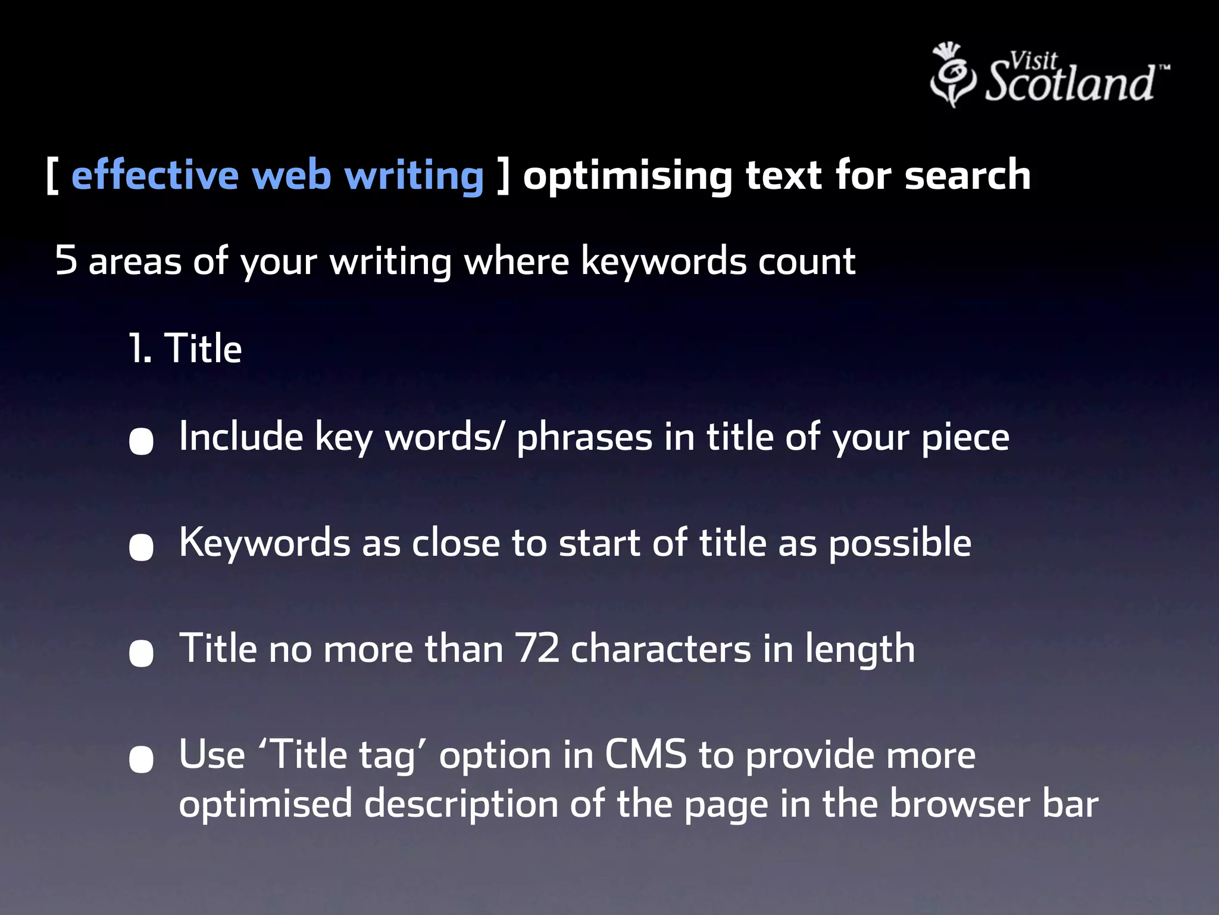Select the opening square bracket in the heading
[52, 176]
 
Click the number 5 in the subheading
[66, 260]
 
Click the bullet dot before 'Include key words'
[142, 441]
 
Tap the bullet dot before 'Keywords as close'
[142, 547]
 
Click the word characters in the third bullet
[661, 649]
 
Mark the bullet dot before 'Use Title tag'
[142, 759]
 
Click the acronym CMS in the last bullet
[646, 755]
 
